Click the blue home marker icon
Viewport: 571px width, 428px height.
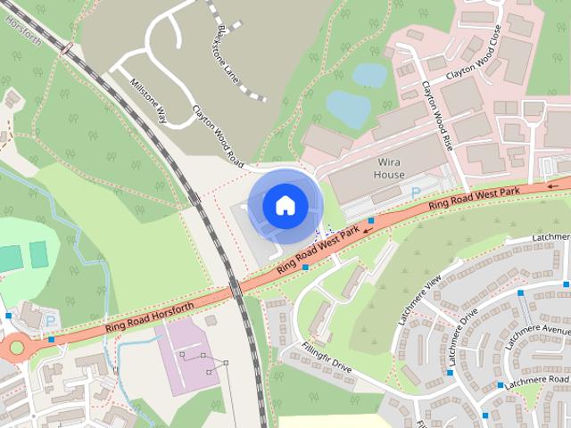285,205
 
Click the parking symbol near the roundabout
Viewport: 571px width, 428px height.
50,320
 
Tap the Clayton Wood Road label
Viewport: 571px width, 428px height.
219,136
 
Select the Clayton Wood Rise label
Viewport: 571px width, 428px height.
438,111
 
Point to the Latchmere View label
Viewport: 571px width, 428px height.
420,292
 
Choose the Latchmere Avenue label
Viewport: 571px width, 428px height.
536,336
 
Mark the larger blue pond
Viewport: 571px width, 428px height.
349,108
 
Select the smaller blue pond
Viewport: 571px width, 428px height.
369,75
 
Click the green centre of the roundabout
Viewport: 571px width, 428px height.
17,347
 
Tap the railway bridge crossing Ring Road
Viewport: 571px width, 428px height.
236,291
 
